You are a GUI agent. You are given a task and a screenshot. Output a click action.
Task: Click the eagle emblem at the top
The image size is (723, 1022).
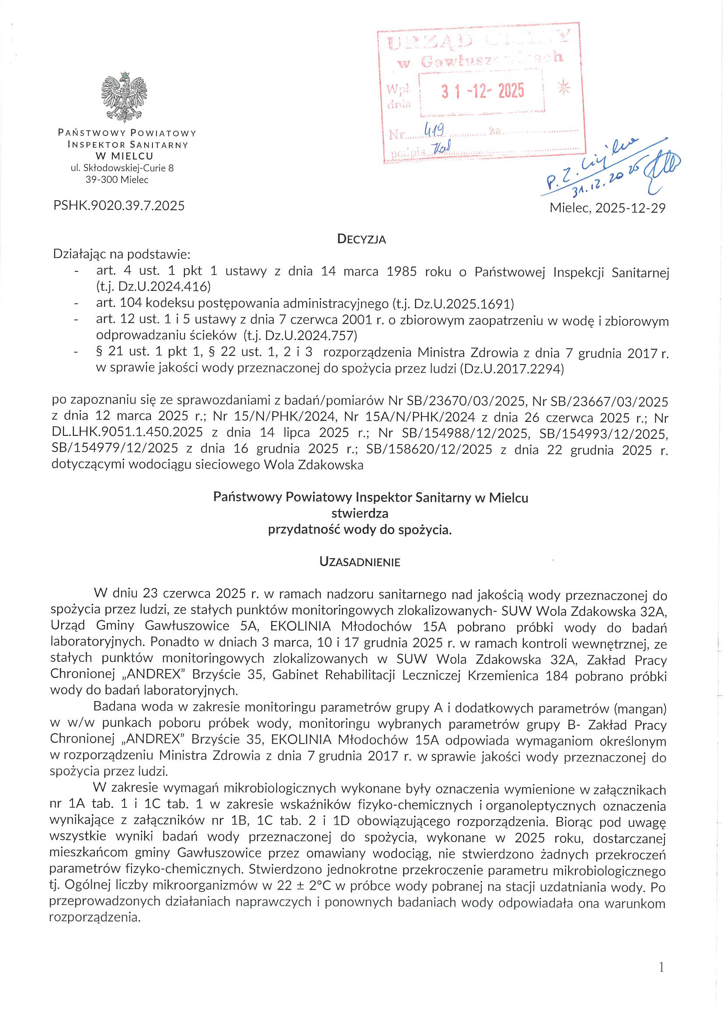(124, 97)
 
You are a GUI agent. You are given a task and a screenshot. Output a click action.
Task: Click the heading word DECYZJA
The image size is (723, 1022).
(361, 239)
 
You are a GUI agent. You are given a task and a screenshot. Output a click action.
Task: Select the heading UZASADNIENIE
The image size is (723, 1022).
(360, 562)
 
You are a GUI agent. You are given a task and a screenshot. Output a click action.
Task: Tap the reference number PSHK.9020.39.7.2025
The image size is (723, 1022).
(119, 205)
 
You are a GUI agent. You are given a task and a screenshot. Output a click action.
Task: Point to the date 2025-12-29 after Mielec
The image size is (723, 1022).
(630, 208)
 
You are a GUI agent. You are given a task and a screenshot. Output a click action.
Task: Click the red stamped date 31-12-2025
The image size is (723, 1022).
(483, 91)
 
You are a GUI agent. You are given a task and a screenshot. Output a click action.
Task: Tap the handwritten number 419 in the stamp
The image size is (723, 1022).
(434, 130)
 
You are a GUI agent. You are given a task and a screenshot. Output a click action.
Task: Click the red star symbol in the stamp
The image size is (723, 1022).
(563, 88)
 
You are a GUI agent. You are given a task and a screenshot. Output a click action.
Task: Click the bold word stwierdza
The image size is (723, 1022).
(360, 513)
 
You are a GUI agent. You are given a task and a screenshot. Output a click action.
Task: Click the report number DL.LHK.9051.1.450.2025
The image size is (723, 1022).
(127, 432)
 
